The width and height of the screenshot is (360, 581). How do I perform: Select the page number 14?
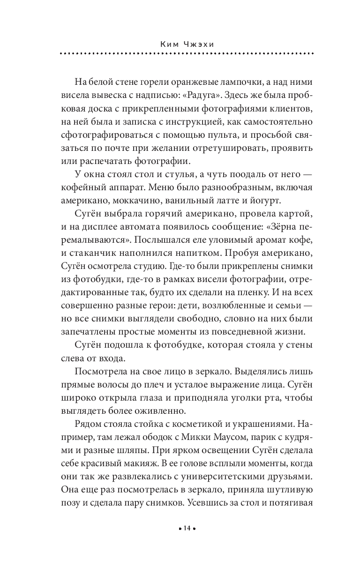(187, 529)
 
